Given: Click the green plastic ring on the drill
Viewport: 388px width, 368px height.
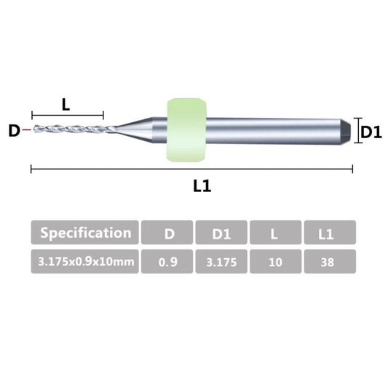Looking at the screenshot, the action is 186,130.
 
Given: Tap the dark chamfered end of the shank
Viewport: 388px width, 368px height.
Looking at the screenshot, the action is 346,130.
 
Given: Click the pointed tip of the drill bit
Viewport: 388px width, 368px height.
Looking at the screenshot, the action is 34,129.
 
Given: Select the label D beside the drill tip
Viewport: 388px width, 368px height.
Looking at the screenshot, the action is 14,131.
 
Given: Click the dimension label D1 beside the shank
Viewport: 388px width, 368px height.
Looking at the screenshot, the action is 371,132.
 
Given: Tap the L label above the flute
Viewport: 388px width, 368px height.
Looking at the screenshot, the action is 66,105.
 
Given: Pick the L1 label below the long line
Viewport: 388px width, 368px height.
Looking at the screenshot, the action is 202,186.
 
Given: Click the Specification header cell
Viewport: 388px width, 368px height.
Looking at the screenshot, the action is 84,232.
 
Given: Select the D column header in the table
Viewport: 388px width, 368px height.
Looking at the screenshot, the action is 167,232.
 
